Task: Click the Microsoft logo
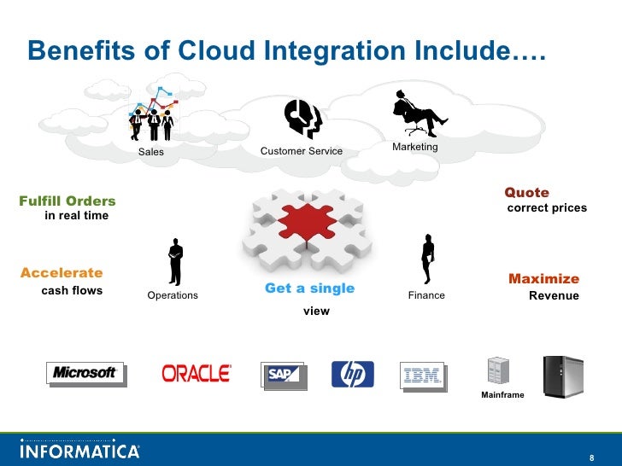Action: click(x=85, y=373)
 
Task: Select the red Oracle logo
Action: click(x=196, y=373)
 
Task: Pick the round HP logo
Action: click(x=353, y=374)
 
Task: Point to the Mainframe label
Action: click(x=502, y=396)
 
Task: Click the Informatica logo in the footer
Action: click(x=79, y=449)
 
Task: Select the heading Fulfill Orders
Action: click(x=67, y=201)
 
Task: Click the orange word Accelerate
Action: click(x=62, y=273)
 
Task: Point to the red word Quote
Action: click(x=526, y=193)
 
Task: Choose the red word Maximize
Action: click(x=543, y=279)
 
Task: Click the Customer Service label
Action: click(x=301, y=152)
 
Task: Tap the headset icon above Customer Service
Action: click(x=302, y=119)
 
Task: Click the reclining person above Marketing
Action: click(x=416, y=113)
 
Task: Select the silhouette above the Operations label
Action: click(x=175, y=262)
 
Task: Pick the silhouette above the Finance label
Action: click(x=427, y=259)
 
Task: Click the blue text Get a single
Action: click(x=309, y=288)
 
